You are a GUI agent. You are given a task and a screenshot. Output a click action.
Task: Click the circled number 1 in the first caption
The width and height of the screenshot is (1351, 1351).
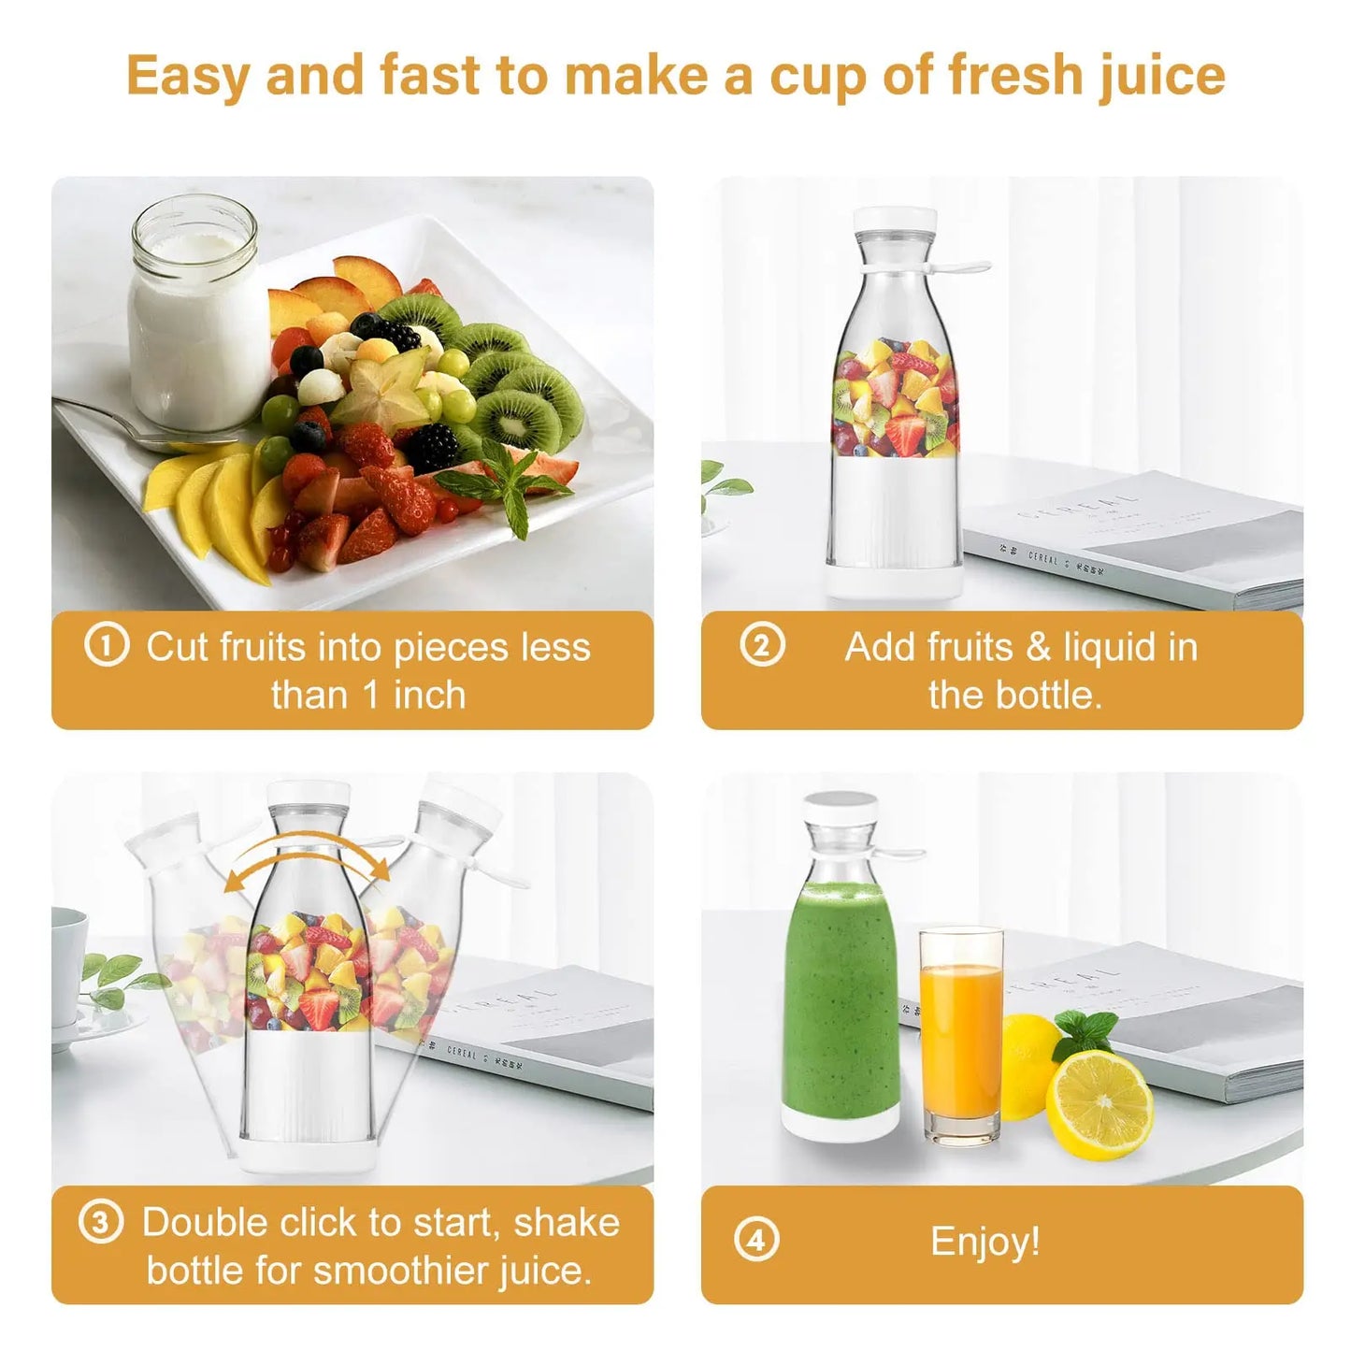[106, 646]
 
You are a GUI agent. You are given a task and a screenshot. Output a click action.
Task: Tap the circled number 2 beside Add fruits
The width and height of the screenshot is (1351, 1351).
[762, 646]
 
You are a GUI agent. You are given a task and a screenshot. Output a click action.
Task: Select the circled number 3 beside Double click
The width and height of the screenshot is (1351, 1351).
[100, 1223]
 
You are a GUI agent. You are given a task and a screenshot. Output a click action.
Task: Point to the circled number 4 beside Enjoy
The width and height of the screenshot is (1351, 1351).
[756, 1241]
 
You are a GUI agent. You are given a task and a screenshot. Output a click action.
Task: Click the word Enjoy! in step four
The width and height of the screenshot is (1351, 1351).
[985, 1242]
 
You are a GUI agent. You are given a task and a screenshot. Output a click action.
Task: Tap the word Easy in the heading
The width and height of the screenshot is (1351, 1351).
[187, 76]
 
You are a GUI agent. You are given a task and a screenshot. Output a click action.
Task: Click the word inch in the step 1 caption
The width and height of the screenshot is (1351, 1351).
[429, 696]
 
